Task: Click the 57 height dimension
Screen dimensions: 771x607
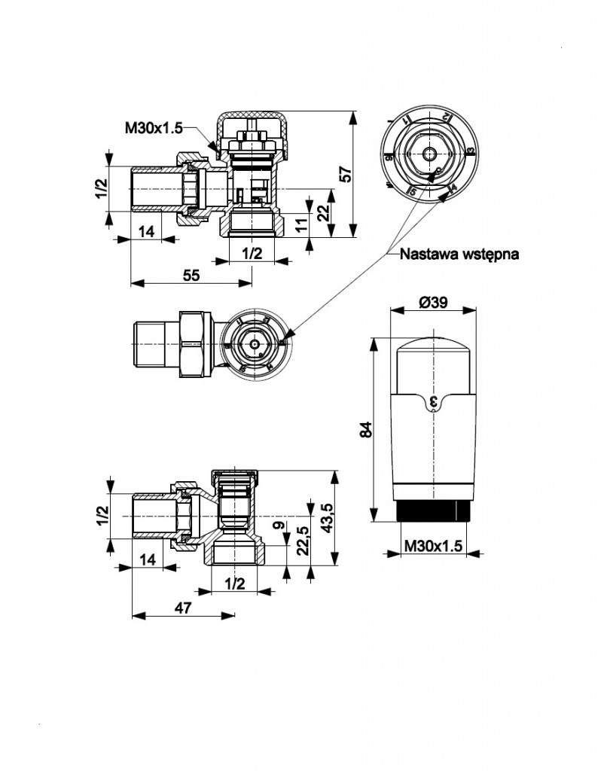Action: [346, 174]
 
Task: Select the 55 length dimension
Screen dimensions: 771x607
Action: [191, 275]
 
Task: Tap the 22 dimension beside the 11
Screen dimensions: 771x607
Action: [323, 213]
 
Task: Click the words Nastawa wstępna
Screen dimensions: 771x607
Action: [459, 254]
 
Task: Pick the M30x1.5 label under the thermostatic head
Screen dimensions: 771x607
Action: [433, 545]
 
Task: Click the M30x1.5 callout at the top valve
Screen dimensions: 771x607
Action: [154, 129]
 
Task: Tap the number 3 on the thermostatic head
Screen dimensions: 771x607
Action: [433, 404]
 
